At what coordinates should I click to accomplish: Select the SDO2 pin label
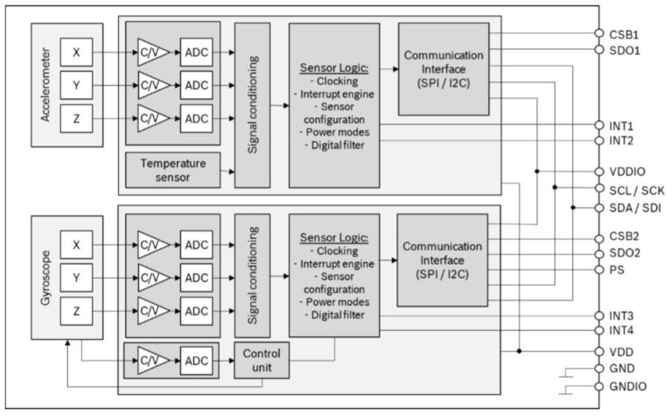pos(624,253)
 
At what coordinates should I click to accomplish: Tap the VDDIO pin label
pos(627,172)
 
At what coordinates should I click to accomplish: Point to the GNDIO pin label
pos(628,386)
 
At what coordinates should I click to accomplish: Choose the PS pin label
pos(616,270)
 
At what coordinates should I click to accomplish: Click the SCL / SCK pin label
pos(636,189)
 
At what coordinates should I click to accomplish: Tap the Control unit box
pos(260,360)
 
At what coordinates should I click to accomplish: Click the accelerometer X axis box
pos(76,53)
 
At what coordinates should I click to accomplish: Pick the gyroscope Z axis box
pos(76,311)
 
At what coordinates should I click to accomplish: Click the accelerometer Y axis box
pos(76,85)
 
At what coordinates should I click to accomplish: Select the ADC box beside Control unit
pos(197,360)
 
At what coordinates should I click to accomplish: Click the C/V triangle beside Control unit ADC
pos(150,360)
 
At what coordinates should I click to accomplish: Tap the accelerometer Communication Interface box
pos(443,69)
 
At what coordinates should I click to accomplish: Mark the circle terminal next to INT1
pos(599,125)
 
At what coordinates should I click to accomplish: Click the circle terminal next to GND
pos(599,369)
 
